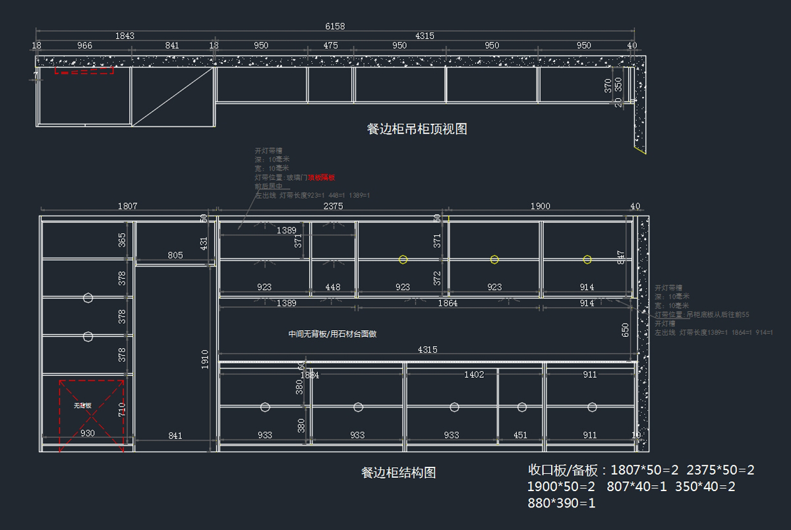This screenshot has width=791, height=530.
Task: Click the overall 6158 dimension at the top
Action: click(x=335, y=26)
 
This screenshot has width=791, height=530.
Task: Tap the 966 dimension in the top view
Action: click(x=84, y=45)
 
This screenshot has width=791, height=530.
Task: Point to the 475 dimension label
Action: click(x=331, y=45)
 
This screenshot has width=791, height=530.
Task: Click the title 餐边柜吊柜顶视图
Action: click(x=417, y=129)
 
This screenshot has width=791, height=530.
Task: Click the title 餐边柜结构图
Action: click(x=398, y=473)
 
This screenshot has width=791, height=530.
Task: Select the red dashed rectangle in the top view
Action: click(x=84, y=70)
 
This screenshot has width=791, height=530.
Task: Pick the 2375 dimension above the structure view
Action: click(x=334, y=206)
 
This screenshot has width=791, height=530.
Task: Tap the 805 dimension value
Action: click(x=175, y=255)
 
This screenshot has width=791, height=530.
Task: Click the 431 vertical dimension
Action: click(x=204, y=243)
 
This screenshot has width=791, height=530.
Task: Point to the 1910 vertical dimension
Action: click(x=205, y=359)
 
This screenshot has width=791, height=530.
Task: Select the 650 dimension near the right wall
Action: click(x=625, y=329)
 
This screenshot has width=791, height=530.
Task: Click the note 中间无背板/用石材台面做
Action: click(x=332, y=334)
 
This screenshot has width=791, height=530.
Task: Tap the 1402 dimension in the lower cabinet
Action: click(x=474, y=374)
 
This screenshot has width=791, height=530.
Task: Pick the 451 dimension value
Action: click(x=520, y=435)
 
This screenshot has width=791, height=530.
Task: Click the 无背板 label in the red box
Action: click(x=82, y=406)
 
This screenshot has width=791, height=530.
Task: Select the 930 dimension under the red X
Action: click(x=87, y=434)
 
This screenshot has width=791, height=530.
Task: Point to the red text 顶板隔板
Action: click(x=322, y=177)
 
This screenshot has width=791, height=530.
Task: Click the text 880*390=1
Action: click(x=562, y=503)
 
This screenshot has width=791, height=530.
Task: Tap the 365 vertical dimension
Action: click(x=122, y=240)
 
